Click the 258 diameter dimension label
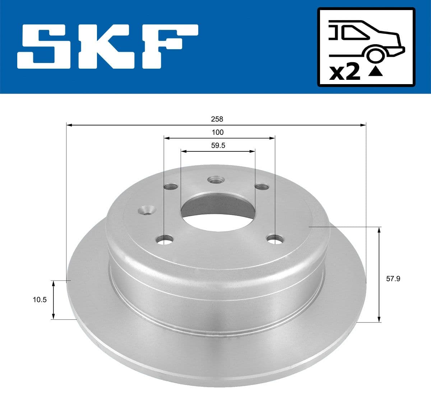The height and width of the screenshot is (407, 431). pos(217,119)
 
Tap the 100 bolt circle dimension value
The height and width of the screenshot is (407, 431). pos(218,132)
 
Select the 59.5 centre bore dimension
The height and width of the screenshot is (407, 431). pos(218,146)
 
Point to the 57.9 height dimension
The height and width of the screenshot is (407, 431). pos(393,278)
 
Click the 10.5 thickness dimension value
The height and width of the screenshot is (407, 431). pos(40,300)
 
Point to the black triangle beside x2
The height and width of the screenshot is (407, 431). pos(376,72)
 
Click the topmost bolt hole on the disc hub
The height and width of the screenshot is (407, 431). pos(216,180)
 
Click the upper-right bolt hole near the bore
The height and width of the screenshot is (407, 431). pos(261,186)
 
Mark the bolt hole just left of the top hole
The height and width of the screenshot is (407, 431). pos(171,187)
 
